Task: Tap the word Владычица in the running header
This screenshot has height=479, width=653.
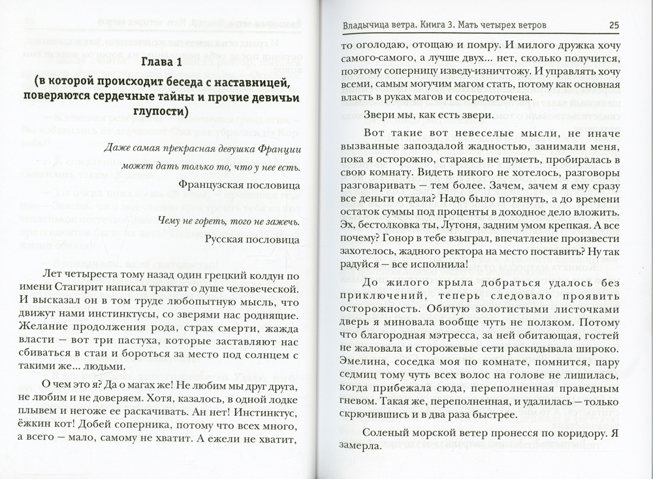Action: (367, 26)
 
